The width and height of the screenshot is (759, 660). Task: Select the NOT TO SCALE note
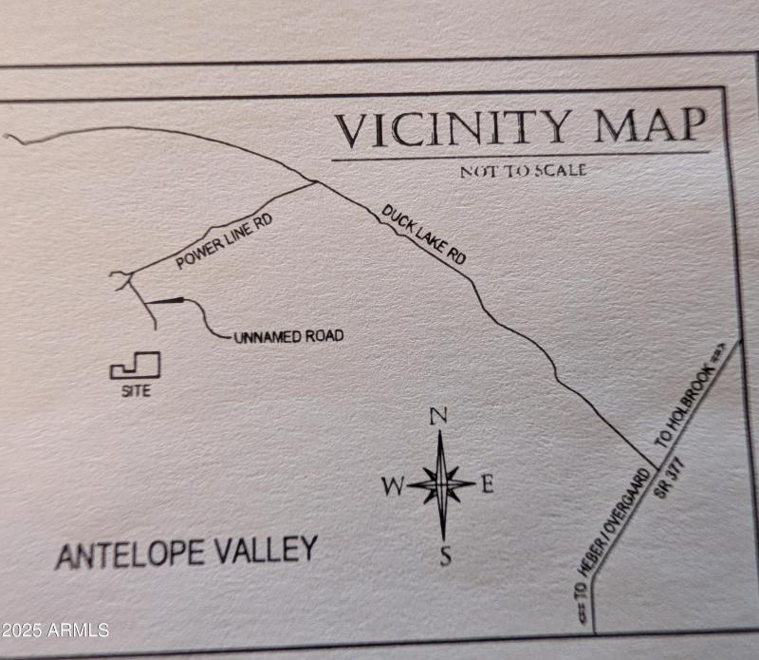[523, 171]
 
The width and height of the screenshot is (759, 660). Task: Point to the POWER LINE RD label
[224, 242]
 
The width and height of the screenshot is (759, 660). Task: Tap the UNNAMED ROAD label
[288, 336]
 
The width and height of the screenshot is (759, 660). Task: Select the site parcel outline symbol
[135, 367]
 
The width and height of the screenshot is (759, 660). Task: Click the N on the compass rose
[438, 416]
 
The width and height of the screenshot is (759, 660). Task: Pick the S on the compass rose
[445, 556]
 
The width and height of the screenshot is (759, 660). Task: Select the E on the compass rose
[488, 484]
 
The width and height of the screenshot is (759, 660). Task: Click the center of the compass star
[442, 484]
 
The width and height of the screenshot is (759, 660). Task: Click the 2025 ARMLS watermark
[55, 630]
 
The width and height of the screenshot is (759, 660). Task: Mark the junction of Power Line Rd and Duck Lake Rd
[315, 181]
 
